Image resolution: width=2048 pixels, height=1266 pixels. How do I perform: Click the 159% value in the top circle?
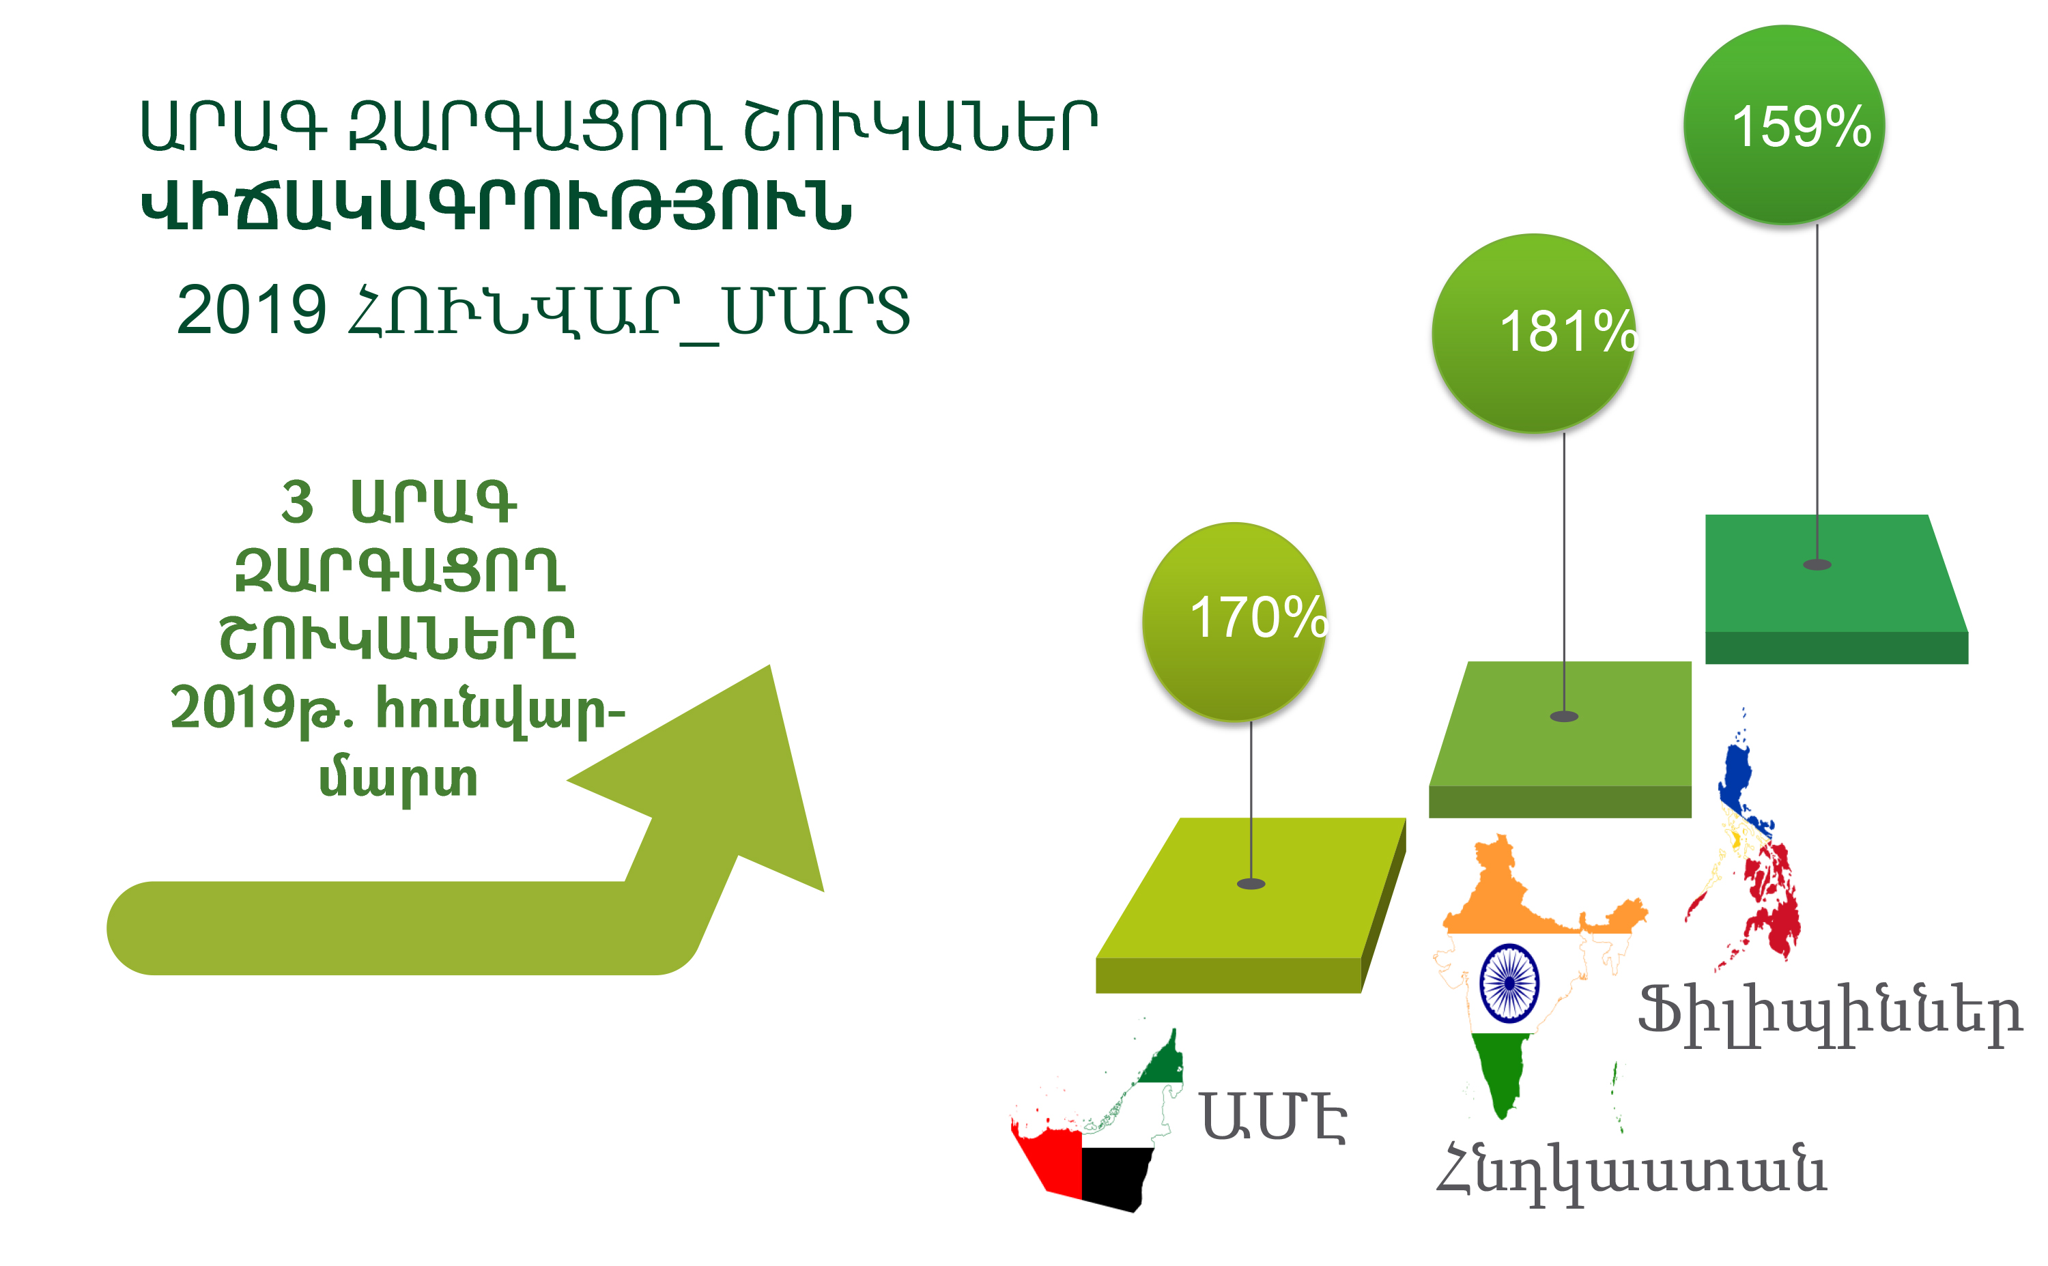(1800, 126)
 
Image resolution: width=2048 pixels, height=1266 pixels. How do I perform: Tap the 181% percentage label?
(1568, 332)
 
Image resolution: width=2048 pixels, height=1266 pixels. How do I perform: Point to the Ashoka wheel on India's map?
(1509, 983)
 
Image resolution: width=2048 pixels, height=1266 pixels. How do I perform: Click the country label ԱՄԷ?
(1273, 1117)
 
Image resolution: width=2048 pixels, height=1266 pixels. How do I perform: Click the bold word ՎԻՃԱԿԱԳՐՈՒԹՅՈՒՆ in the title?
(496, 206)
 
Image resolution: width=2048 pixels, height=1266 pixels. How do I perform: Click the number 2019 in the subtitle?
(251, 309)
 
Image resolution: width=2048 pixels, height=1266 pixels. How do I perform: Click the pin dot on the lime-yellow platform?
(1251, 883)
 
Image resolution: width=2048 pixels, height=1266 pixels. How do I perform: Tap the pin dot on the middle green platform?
(1564, 716)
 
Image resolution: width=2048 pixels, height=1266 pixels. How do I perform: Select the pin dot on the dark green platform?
(1817, 564)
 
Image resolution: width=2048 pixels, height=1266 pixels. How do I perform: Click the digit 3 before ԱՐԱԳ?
(297, 502)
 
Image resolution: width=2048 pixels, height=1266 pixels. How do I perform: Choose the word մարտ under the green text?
(399, 779)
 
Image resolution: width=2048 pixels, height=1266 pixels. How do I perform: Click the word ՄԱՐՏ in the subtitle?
(816, 310)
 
